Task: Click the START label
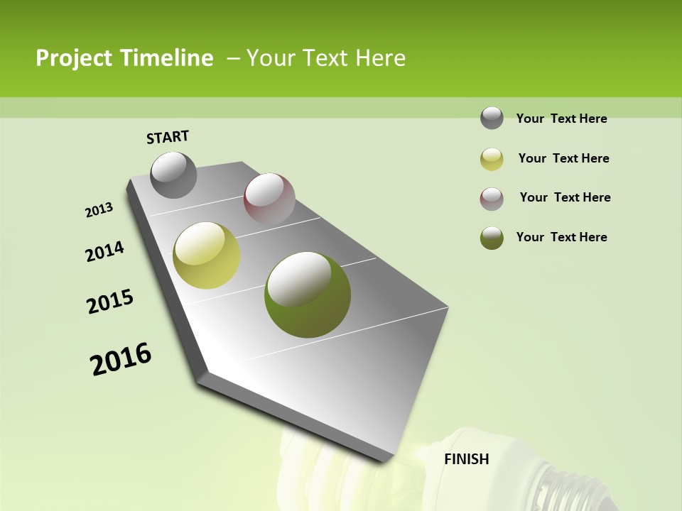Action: (168, 137)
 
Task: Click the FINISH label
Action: (467, 459)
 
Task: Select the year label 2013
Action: (99, 210)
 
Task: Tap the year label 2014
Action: (105, 251)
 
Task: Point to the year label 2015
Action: (110, 302)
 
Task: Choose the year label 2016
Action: (121, 359)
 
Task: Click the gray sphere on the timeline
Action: (174, 175)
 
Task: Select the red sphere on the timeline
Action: (269, 199)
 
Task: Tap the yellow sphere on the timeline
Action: (207, 255)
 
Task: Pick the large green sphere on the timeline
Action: (308, 295)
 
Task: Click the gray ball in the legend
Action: (492, 118)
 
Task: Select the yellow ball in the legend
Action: (492, 158)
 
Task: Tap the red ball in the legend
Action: (492, 198)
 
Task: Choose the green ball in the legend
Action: (492, 238)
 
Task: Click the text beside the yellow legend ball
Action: (563, 158)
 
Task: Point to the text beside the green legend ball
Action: (561, 237)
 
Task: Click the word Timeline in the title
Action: (168, 58)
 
